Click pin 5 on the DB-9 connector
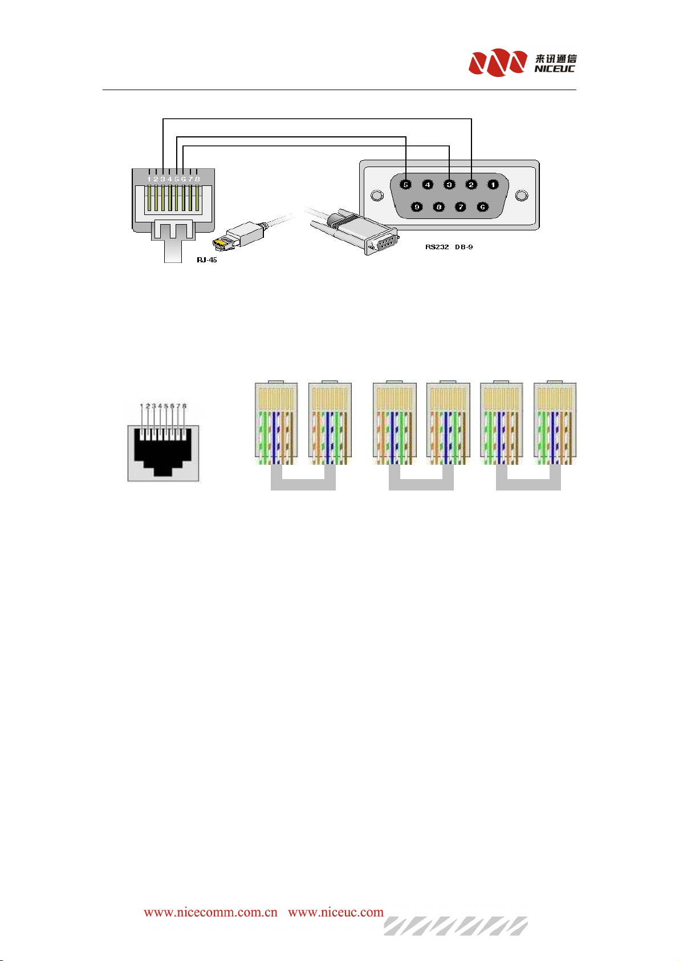[405, 184]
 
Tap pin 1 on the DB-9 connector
[493, 184]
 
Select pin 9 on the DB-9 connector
[417, 207]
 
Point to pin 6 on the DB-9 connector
[482, 207]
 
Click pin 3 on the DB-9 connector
[449, 184]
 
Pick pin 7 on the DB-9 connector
[460, 207]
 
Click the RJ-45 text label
[207, 259]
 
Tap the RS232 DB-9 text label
[449, 247]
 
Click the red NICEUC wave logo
[498, 63]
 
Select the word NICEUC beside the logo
[554, 68]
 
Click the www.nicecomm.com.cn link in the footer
[210, 911]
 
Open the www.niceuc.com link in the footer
[336, 911]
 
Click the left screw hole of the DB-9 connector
[377, 196]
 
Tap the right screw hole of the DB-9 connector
[522, 196]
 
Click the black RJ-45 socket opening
[163, 451]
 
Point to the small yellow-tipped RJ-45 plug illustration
[239, 236]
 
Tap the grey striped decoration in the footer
[456, 926]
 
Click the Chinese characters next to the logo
[555, 58]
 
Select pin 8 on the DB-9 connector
[438, 207]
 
